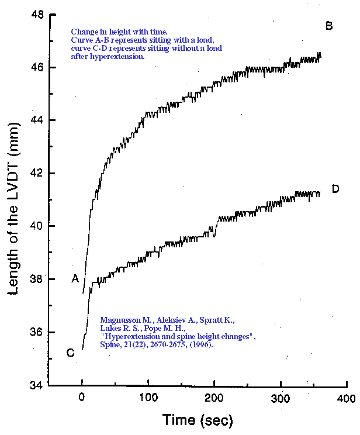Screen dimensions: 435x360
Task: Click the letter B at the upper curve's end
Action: click(x=329, y=26)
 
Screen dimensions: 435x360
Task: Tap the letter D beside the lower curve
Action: click(x=335, y=189)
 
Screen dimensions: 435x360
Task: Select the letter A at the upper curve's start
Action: click(x=75, y=279)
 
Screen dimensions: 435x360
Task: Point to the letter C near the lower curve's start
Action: click(x=70, y=353)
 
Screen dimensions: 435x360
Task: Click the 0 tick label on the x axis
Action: click(x=82, y=399)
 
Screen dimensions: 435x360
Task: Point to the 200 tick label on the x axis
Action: click(x=214, y=399)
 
